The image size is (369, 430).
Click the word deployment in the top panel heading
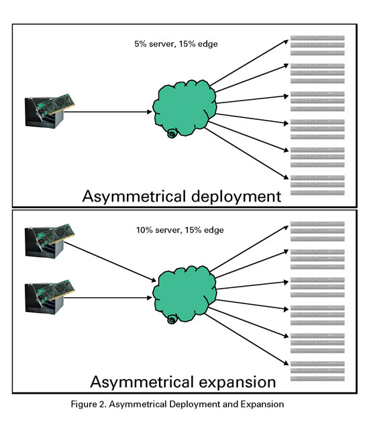point(236,197)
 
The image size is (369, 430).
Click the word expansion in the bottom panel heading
point(238,382)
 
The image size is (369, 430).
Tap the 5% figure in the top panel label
point(140,44)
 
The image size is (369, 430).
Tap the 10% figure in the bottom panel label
point(144,230)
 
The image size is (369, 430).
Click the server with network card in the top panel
point(50,111)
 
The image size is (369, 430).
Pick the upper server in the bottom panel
point(50,241)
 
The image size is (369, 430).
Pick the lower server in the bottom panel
point(50,297)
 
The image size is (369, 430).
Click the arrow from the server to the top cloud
point(108,112)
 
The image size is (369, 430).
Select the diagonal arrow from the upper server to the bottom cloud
point(110,262)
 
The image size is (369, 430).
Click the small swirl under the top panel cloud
point(172,134)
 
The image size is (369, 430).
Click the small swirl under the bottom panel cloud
point(172,320)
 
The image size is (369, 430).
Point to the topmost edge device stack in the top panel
point(317,46)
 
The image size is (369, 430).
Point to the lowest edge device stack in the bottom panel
point(317,371)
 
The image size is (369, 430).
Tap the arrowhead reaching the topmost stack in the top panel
point(286,42)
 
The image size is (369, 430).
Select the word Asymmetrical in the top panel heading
point(134,197)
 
